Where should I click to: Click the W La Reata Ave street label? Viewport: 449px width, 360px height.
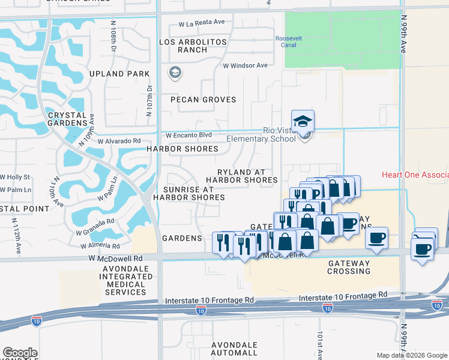[x=201, y=22]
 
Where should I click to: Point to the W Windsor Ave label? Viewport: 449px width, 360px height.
[x=245, y=65]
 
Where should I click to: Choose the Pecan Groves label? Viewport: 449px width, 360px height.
[x=203, y=100]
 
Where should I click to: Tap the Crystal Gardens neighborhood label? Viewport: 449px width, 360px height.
[x=67, y=119]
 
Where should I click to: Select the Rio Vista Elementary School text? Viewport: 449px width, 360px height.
[x=262, y=134]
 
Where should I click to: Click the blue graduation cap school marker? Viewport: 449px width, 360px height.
[x=303, y=121]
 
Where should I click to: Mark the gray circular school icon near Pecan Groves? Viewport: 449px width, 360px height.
[x=175, y=73]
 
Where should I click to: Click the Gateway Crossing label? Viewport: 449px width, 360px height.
[x=349, y=267]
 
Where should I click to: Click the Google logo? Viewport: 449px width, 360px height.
[x=20, y=353]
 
